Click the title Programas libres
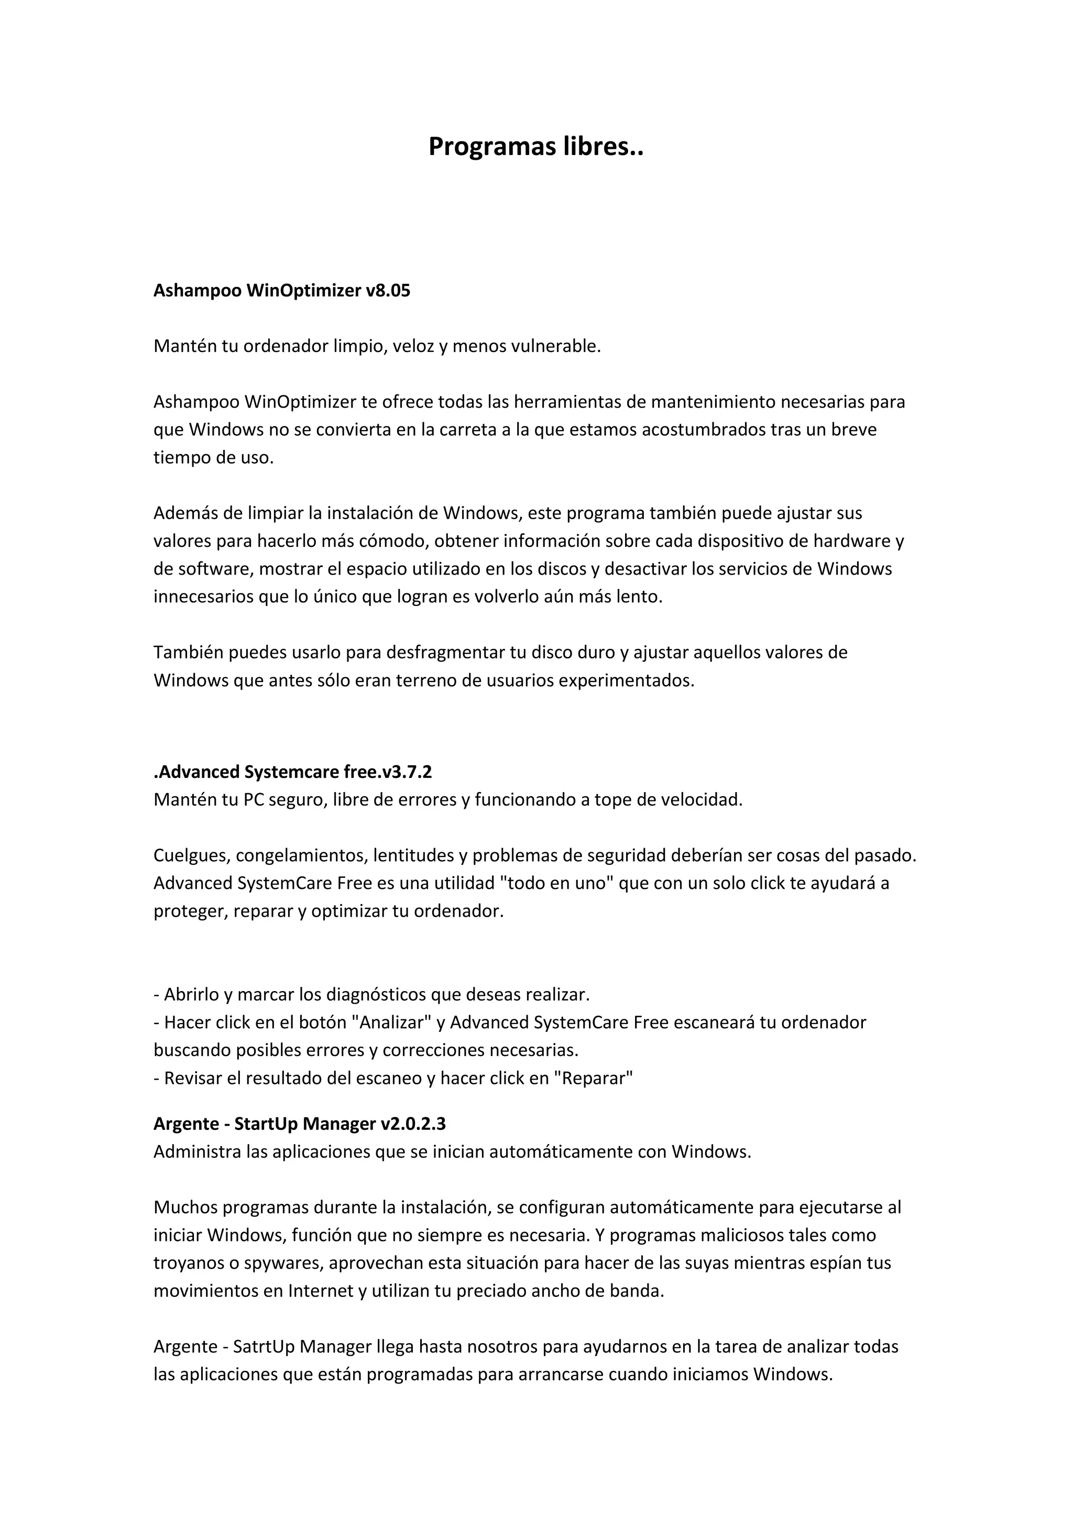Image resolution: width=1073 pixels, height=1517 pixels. tap(536, 147)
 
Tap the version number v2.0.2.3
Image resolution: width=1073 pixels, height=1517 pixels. tap(413, 1124)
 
